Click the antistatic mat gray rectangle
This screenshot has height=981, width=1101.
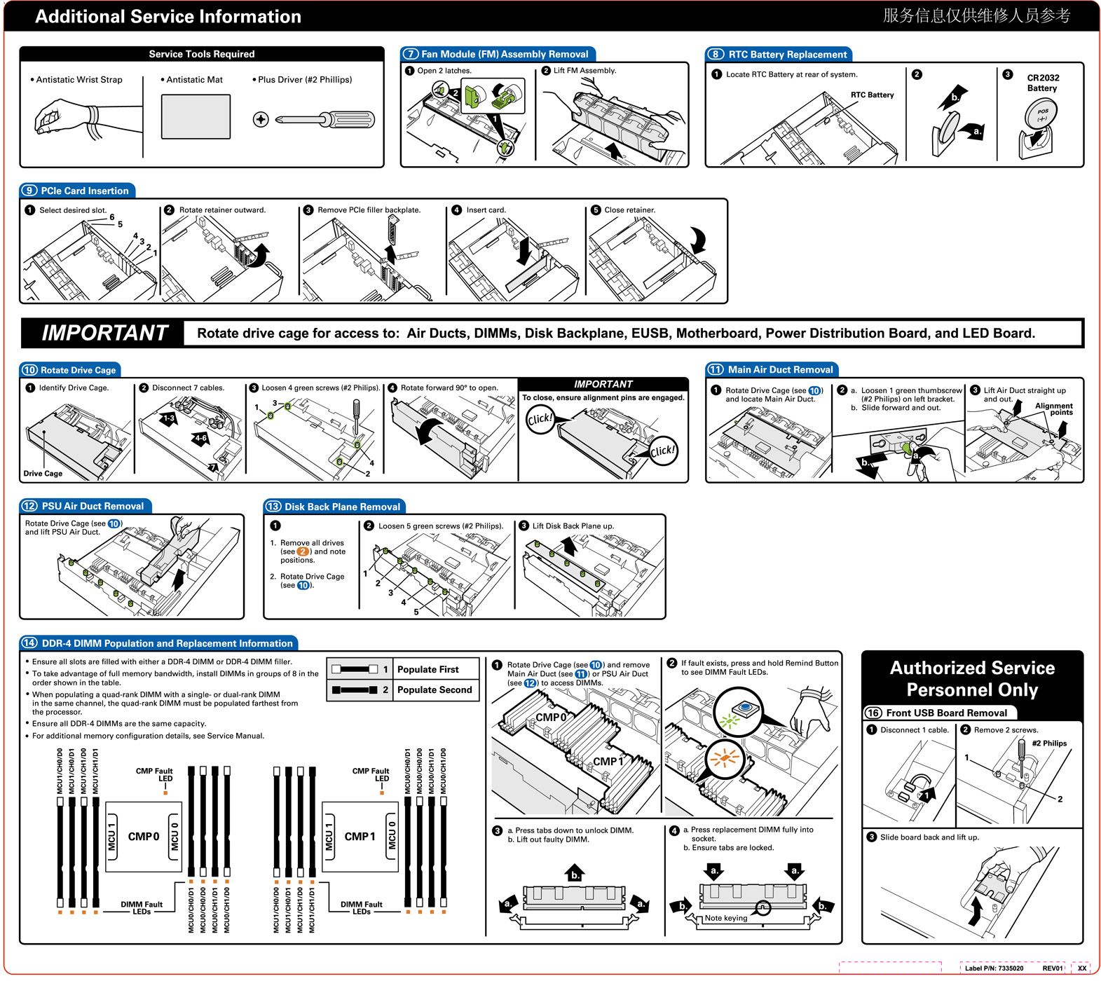(x=196, y=116)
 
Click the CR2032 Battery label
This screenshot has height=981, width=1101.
(x=1043, y=83)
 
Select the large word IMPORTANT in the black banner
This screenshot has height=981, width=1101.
(x=104, y=333)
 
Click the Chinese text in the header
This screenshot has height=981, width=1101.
(x=976, y=15)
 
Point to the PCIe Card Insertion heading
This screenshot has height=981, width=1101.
(x=84, y=191)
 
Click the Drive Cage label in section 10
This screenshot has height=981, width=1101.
(x=43, y=474)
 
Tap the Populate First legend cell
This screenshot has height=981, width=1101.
(x=428, y=669)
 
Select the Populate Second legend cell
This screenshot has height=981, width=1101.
(x=435, y=690)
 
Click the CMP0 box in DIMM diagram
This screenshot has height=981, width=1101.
(x=144, y=837)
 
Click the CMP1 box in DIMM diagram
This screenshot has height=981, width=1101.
(x=360, y=837)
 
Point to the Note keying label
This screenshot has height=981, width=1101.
(x=726, y=918)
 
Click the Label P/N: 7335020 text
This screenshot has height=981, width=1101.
(x=994, y=968)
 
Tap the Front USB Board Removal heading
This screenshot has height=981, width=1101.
(x=946, y=713)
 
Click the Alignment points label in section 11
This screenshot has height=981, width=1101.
(x=1054, y=409)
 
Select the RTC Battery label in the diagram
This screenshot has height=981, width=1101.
(x=872, y=95)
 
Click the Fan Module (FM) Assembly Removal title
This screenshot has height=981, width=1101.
(x=505, y=54)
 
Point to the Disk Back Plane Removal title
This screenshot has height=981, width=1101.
(x=342, y=507)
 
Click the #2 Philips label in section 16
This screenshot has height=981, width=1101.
(x=1049, y=743)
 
